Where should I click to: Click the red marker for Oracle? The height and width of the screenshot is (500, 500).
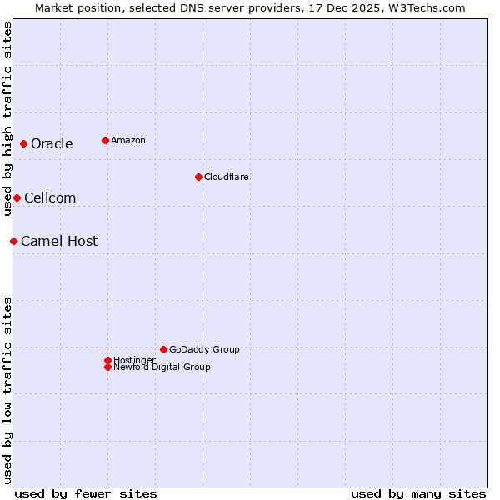coord(24,143)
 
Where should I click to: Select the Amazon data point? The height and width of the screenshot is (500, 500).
coord(105,140)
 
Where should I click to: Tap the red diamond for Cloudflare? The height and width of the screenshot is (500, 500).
coord(198,177)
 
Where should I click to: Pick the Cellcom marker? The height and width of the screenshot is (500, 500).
coord(17,197)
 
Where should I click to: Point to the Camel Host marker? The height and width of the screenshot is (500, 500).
coord(13,241)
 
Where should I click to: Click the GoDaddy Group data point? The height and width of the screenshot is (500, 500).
coord(163,349)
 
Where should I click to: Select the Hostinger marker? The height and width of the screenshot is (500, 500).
coord(107,360)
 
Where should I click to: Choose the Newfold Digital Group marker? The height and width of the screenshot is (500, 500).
coord(107,367)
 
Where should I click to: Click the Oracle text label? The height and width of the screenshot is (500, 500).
coord(52,143)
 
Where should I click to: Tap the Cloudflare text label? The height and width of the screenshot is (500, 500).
coord(226,177)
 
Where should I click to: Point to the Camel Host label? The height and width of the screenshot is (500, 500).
coord(59,241)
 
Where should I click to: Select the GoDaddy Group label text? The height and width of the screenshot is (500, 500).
coord(204,349)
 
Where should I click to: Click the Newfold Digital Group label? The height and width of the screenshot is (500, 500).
coord(162,367)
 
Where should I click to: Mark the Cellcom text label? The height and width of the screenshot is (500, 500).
coord(50,197)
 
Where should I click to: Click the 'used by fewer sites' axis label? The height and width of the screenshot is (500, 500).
coord(86,493)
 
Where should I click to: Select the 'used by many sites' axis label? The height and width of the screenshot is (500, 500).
coord(418,493)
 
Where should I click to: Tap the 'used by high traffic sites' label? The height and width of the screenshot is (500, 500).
coord(7,118)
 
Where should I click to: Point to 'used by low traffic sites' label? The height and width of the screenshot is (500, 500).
coord(7,390)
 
